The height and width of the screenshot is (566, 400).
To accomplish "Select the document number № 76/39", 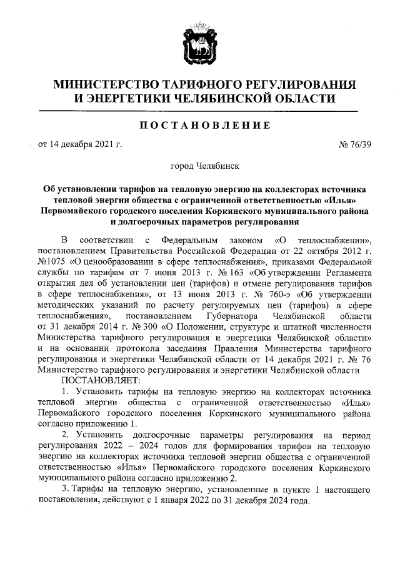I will (354, 145).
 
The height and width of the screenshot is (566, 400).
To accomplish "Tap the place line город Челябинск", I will (199, 167).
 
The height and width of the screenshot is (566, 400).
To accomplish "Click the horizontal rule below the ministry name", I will (199, 111).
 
